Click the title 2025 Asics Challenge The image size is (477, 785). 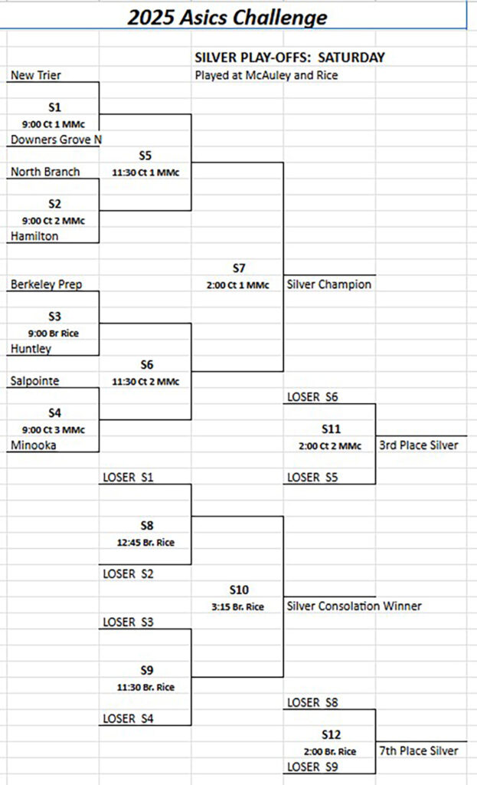click(227, 17)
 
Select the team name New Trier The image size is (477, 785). click(35, 75)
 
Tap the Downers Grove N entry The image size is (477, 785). click(56, 140)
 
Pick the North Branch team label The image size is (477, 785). click(45, 172)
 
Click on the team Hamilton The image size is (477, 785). click(34, 236)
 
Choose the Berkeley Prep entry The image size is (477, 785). click(46, 284)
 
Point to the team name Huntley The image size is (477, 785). click(31, 349)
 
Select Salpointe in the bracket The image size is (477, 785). click(34, 381)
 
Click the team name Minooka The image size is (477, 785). click(34, 445)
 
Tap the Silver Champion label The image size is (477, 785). click(329, 284)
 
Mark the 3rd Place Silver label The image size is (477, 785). click(419, 445)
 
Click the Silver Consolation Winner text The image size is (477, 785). click(354, 606)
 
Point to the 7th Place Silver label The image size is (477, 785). click(419, 751)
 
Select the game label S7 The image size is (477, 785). click(239, 268)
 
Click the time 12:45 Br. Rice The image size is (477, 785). click(145, 542)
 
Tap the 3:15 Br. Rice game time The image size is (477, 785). click(237, 607)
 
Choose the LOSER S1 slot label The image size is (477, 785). click(128, 477)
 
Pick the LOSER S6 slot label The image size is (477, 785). click(312, 397)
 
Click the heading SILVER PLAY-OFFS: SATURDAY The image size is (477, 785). click(290, 57)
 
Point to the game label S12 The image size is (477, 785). click(331, 734)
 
